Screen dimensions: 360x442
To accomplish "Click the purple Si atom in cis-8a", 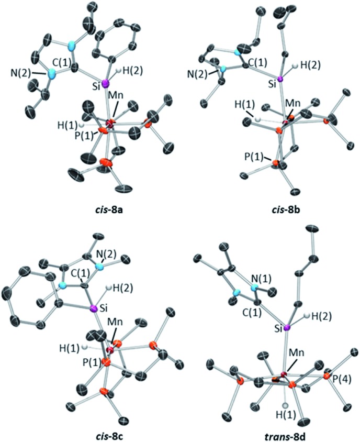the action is [x=105, y=83].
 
